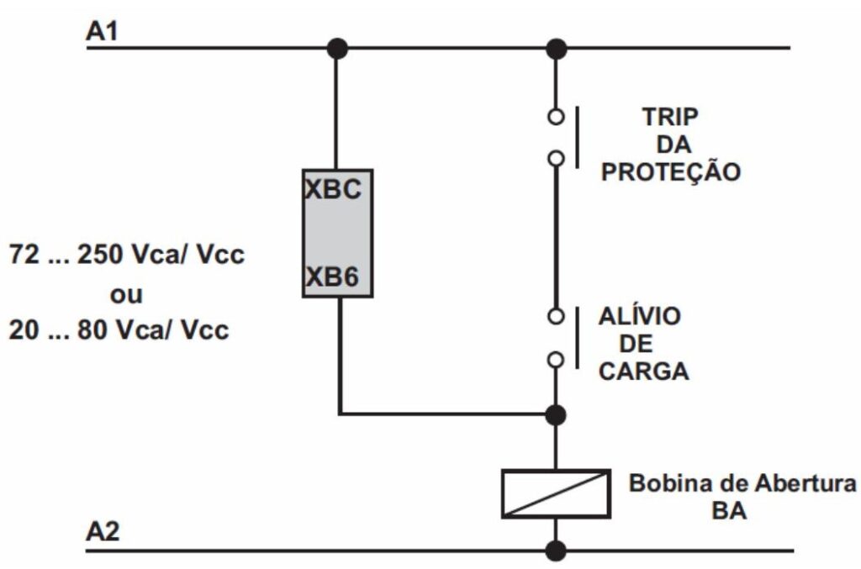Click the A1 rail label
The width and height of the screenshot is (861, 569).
[x=103, y=33]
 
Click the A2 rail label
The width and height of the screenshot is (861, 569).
[x=103, y=534]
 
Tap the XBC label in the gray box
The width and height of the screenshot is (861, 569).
[x=332, y=189]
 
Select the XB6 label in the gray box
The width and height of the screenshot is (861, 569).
[x=332, y=277]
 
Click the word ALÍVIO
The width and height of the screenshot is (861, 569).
[x=640, y=317]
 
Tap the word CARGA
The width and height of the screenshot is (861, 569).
[x=643, y=371]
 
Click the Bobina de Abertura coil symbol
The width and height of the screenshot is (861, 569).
[x=555, y=493]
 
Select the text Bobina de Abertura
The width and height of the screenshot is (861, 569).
[x=743, y=485]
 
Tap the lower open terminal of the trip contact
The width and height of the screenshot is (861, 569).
[x=555, y=158]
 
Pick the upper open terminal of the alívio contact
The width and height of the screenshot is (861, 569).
[x=555, y=317]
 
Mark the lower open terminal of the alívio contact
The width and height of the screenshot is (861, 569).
[x=555, y=360]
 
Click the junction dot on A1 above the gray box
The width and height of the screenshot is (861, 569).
[x=337, y=48]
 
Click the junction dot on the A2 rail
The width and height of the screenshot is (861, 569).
[x=555, y=551]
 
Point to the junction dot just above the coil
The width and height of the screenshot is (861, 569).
[x=555, y=414]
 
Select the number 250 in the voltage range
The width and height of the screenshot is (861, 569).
[x=99, y=256]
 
